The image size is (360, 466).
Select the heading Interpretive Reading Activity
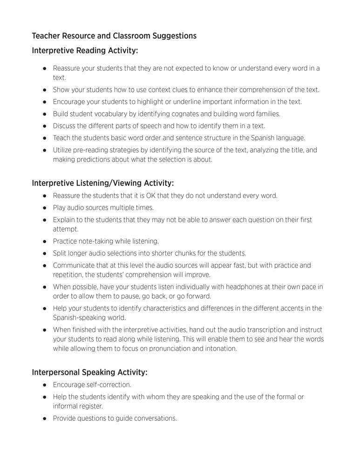85,50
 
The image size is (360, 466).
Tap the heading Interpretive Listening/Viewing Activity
102,183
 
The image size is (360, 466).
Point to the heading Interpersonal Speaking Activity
89,372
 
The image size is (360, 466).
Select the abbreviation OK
151,196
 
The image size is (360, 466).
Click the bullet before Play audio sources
45,208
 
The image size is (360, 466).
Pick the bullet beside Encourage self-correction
45,385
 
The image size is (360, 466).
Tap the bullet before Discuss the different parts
45,126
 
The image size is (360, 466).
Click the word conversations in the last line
154,418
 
